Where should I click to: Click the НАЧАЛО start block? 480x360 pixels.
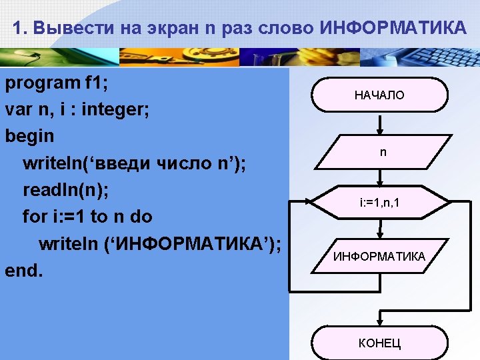(379, 95)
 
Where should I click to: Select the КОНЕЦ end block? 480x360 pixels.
(379, 343)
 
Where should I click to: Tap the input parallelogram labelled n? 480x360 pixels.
(382, 153)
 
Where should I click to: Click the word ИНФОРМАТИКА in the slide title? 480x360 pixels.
(393, 29)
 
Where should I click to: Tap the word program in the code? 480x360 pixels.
(41, 83)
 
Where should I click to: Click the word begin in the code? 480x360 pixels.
(29, 136)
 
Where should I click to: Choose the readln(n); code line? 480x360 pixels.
(65, 190)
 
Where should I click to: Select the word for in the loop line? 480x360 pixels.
(34, 217)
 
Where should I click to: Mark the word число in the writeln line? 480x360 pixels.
(186, 163)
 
